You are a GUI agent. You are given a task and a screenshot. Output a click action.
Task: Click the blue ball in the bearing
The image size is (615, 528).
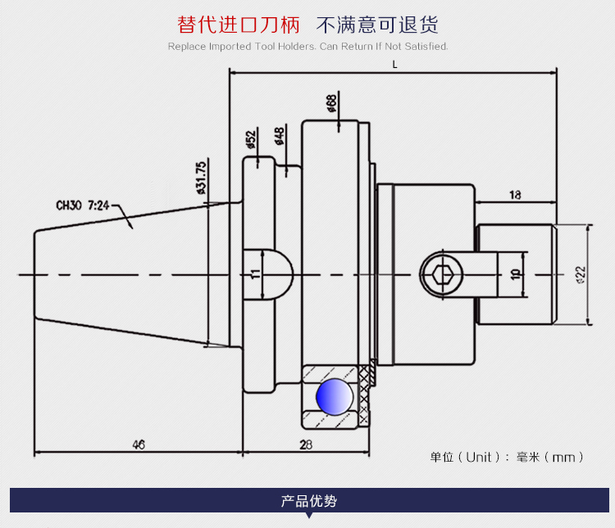335,397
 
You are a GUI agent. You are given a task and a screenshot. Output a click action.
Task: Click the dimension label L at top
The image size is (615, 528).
394,64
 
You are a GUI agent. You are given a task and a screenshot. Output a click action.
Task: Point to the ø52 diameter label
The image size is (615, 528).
252,140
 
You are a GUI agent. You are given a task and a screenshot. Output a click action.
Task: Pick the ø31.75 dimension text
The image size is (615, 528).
201,178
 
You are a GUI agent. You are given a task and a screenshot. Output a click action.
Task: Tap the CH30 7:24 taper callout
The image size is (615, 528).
83,206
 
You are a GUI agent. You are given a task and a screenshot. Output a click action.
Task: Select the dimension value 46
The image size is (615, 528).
138,445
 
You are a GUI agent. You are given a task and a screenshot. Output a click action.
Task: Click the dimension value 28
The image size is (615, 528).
306,445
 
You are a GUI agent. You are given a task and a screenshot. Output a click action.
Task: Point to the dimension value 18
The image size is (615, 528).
515,195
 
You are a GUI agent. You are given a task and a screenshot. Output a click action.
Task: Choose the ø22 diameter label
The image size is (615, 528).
580,273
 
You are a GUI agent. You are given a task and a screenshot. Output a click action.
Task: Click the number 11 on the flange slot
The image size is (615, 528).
255,273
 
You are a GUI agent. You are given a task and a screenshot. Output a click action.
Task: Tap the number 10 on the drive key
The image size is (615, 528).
515,274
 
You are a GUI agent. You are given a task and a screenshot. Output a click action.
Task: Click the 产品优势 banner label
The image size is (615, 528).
308,501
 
